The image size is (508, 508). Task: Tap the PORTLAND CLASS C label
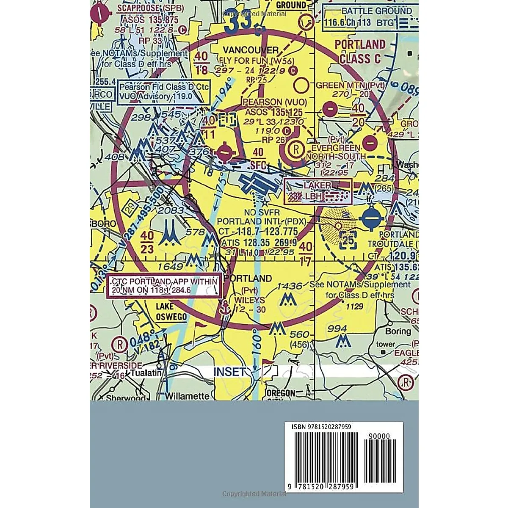coord(360,51)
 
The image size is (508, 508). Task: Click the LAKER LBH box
coord(317,191)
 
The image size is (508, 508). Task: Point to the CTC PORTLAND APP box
coord(164,287)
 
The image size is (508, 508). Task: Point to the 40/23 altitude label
coord(147,242)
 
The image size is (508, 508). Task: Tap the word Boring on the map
coord(398,331)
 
